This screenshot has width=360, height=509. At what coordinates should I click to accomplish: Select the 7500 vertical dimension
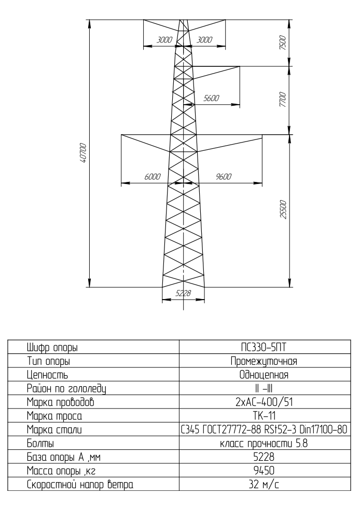[x=283, y=43]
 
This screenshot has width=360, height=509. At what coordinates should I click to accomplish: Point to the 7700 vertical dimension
[x=283, y=100]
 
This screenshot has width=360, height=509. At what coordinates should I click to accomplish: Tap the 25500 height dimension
[x=284, y=209]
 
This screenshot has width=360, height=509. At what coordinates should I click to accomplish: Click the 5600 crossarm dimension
[x=212, y=98]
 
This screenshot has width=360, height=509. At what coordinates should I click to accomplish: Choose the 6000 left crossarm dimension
[x=153, y=177]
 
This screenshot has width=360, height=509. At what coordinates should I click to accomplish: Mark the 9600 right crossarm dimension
[x=224, y=177]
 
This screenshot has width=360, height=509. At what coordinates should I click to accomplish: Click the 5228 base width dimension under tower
[x=183, y=293]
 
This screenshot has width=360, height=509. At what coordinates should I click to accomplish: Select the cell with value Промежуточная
[x=264, y=361]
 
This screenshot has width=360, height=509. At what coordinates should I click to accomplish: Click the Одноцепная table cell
[x=264, y=375]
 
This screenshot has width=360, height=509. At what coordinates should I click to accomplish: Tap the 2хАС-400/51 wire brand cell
[x=264, y=402]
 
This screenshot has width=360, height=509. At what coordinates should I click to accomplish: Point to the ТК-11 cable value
[x=264, y=416]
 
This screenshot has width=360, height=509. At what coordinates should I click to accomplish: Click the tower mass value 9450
[x=264, y=470]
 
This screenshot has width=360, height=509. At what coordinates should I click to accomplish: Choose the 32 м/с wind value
[x=264, y=485]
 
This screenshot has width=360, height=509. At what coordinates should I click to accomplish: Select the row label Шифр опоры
[x=52, y=348]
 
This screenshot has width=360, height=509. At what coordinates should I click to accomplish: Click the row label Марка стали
[x=54, y=430]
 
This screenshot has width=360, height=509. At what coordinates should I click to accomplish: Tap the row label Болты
[x=40, y=443]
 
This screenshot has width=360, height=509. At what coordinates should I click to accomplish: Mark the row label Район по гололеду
[x=66, y=389]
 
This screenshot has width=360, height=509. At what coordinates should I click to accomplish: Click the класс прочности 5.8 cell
[x=264, y=443]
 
